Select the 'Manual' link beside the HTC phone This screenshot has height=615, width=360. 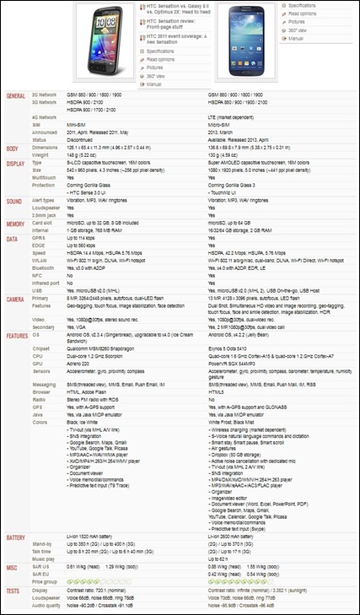[x=154, y=85]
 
